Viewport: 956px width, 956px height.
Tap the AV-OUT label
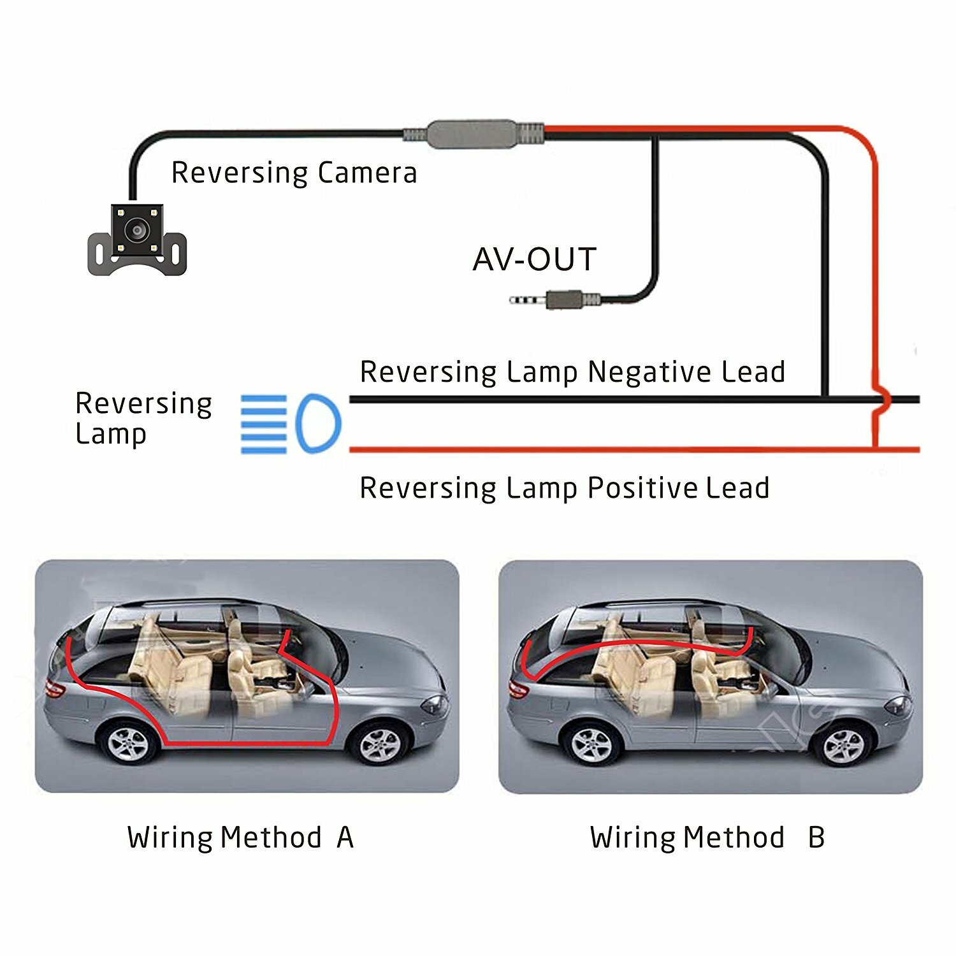[x=534, y=259]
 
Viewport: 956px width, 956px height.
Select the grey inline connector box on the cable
[x=472, y=134]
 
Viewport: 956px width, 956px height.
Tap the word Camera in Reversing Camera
[x=367, y=173]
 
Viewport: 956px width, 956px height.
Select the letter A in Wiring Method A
[x=345, y=837]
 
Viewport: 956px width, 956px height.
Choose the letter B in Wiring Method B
[x=816, y=837]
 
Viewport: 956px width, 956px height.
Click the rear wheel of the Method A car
[x=128, y=742]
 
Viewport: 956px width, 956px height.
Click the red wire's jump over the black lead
[x=880, y=400]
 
